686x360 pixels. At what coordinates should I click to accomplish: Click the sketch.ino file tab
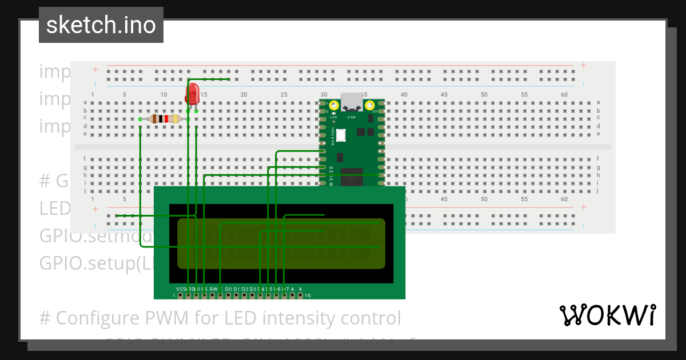tap(101, 25)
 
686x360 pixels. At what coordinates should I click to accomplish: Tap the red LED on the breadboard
tap(193, 92)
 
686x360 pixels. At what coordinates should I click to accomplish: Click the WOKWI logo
tap(607, 315)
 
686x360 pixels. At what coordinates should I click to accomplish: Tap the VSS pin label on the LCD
tap(181, 290)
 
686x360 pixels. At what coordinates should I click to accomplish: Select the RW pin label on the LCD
tap(214, 290)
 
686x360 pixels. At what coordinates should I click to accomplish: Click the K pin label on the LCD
tap(301, 290)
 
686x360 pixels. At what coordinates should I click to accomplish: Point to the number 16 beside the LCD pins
tap(308, 296)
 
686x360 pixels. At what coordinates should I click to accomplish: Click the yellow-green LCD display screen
tap(281, 243)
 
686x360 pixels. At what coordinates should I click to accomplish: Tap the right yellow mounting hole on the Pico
tap(370, 105)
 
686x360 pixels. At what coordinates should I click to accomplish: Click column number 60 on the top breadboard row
tap(564, 94)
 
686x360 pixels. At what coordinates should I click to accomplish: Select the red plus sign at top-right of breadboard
tap(584, 65)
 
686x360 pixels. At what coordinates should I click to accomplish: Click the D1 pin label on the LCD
tap(236, 290)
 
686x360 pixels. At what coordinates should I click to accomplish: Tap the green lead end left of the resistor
tap(141, 119)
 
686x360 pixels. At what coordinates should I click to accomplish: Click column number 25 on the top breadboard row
tap(284, 94)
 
